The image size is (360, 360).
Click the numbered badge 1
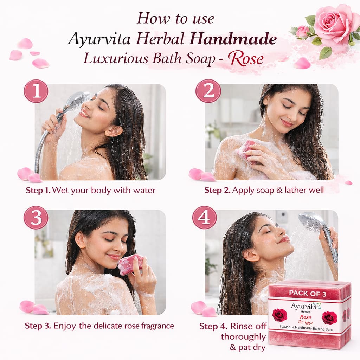[x=36, y=91]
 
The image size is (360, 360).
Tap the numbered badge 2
[x=208, y=91]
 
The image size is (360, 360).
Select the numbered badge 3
[x=36, y=217]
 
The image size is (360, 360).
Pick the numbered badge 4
[x=204, y=217]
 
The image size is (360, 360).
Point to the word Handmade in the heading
[x=233, y=39]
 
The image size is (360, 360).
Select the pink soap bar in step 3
[x=130, y=264]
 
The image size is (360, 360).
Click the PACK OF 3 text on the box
[x=307, y=294]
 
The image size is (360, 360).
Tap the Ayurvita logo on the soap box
[x=306, y=306]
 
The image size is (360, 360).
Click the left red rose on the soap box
[x=280, y=315]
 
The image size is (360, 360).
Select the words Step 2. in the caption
[x=217, y=190]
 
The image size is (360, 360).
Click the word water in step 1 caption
[x=144, y=190]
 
